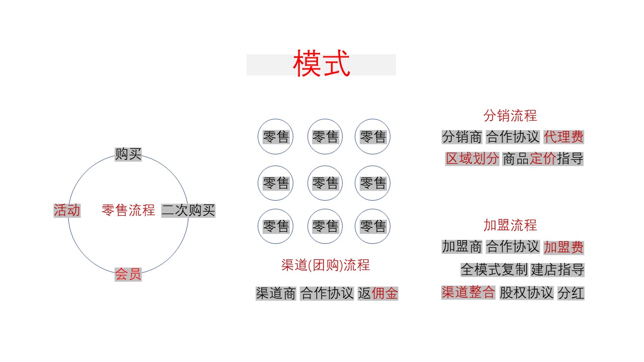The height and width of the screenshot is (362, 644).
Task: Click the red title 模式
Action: point(321,63)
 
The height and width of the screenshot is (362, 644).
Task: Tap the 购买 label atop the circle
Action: point(128,154)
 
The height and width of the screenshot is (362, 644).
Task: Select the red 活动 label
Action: point(67,210)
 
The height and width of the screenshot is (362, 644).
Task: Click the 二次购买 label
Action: point(188,210)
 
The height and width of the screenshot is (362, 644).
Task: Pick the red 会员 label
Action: point(128,274)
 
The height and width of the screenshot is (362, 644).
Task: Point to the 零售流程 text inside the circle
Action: point(128,210)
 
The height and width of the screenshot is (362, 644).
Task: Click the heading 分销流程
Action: point(510,116)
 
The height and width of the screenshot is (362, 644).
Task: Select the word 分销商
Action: point(462,137)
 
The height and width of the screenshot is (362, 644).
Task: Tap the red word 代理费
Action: point(563,137)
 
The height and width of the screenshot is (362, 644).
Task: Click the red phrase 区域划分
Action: point(472,158)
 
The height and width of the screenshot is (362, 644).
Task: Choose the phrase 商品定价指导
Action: point(543,158)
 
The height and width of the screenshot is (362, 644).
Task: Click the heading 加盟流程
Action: point(510,225)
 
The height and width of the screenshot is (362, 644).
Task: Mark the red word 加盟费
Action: point(563,247)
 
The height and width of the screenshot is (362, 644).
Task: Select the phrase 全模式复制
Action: point(494,270)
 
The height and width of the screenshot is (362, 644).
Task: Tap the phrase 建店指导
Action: point(557,270)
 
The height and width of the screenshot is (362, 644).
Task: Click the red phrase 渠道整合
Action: point(468,292)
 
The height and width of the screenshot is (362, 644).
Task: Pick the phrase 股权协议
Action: point(526,293)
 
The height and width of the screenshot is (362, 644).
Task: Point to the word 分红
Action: point(571,293)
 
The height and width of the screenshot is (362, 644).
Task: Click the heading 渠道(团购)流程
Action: point(326,265)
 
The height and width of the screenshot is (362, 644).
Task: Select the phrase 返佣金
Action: point(378,293)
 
